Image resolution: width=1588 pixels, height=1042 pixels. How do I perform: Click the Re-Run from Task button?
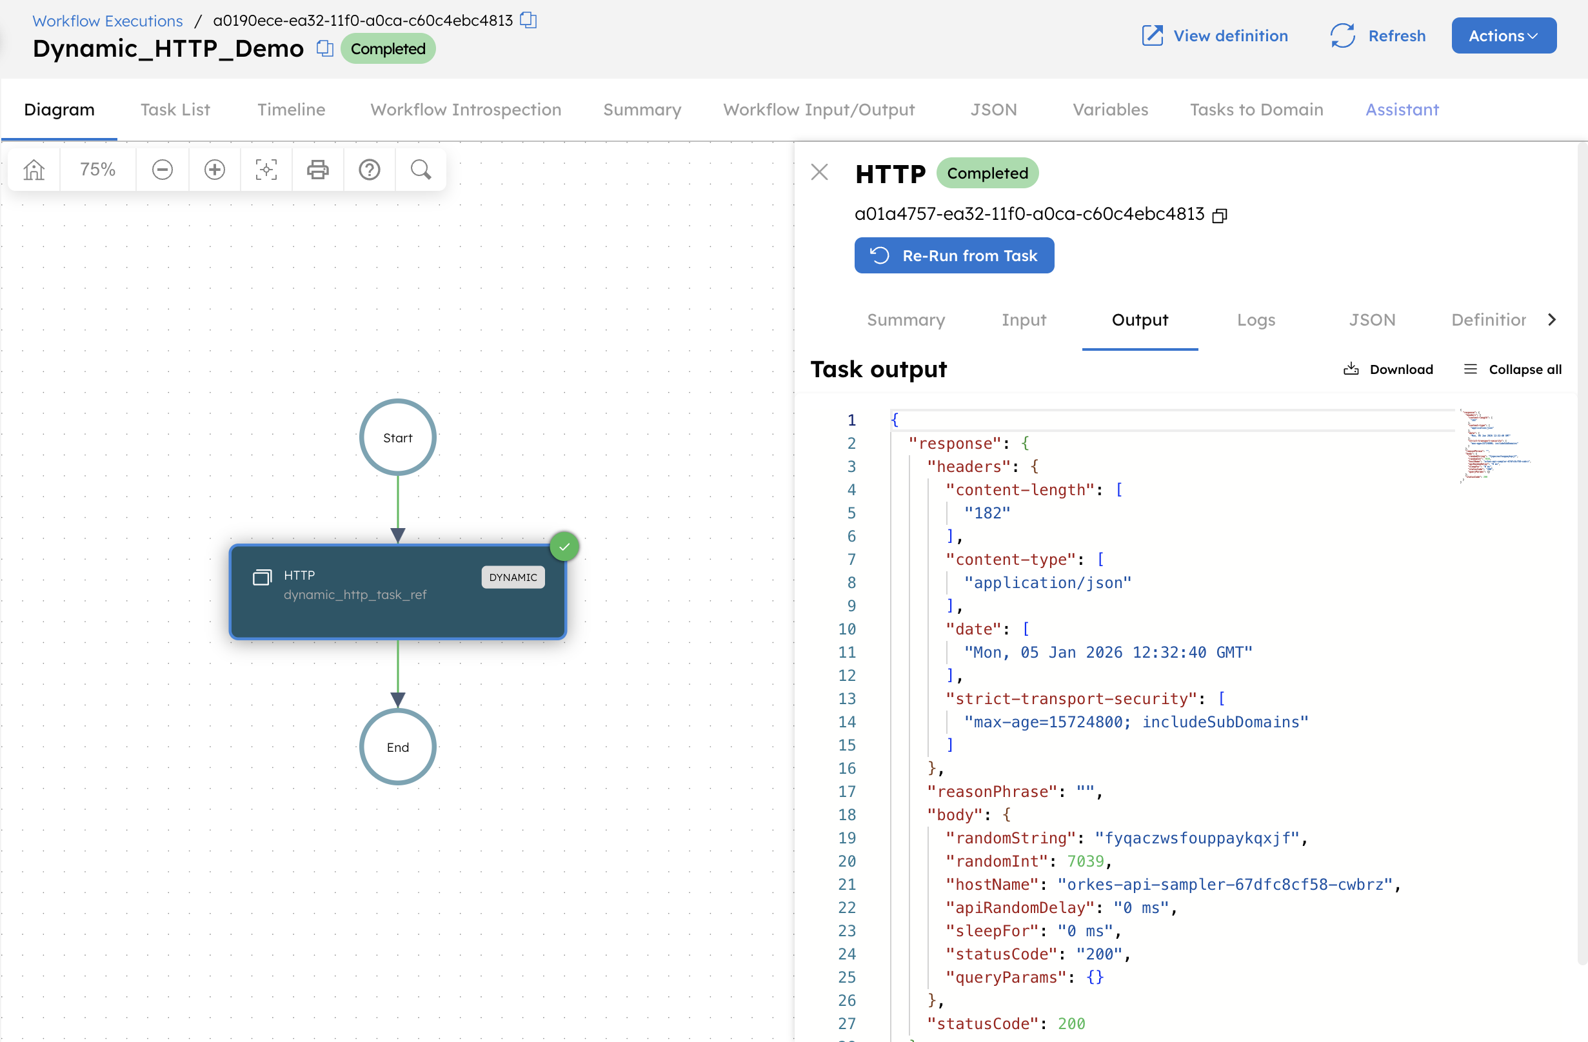point(953,255)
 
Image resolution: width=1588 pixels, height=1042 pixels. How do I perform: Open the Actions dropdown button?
point(1504,35)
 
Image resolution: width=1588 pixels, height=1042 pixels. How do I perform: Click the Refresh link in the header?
point(1378,35)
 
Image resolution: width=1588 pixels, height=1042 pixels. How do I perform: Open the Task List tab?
point(175,110)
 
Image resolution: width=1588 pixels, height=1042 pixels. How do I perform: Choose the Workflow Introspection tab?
point(465,110)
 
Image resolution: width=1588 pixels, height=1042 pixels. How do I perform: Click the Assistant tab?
point(1402,110)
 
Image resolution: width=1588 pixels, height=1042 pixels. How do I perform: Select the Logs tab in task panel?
point(1256,320)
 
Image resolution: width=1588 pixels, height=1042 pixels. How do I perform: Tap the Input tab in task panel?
point(1023,320)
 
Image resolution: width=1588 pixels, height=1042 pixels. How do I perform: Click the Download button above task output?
point(1388,369)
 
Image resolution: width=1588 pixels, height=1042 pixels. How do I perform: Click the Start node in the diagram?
point(398,438)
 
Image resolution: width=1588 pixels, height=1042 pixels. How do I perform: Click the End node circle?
point(398,747)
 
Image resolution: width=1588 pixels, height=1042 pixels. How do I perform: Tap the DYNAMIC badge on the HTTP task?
point(512,577)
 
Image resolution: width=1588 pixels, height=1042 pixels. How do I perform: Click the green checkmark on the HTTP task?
point(564,546)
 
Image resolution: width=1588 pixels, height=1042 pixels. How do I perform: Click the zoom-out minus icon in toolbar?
point(162,170)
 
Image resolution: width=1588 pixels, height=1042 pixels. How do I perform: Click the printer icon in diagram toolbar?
point(317,170)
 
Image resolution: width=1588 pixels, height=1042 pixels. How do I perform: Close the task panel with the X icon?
point(819,172)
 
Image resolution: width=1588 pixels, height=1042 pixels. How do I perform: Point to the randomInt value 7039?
point(1085,861)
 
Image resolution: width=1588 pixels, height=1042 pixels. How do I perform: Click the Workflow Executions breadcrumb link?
point(108,21)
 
